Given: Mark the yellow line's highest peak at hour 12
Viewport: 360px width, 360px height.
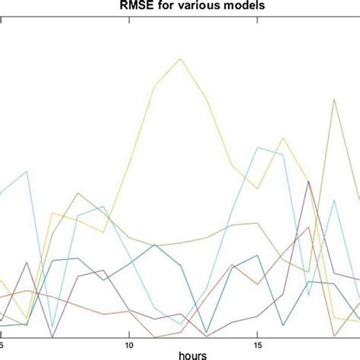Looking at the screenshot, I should pos(180,58).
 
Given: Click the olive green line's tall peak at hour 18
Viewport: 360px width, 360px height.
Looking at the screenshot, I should pos(334,99).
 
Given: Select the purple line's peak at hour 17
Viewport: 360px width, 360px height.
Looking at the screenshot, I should pos(308,182).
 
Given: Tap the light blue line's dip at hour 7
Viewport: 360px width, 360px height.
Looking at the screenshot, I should pos(52,324).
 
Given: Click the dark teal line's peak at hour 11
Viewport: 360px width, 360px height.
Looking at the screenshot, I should pos(154,245).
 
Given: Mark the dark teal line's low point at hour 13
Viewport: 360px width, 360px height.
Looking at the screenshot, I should pos(206,333).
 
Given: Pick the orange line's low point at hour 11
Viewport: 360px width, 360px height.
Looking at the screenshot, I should pos(154,336).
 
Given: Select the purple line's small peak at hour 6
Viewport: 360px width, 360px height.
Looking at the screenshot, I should pos(27,263).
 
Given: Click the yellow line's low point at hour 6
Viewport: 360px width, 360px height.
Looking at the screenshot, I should pos(27,319).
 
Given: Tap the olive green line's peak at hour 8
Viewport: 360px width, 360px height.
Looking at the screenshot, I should pos(78,193).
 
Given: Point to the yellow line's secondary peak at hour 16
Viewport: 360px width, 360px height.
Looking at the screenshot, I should pos(283,137).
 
